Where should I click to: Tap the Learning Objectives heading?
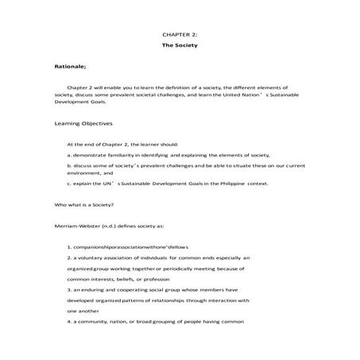tap(83, 124)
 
